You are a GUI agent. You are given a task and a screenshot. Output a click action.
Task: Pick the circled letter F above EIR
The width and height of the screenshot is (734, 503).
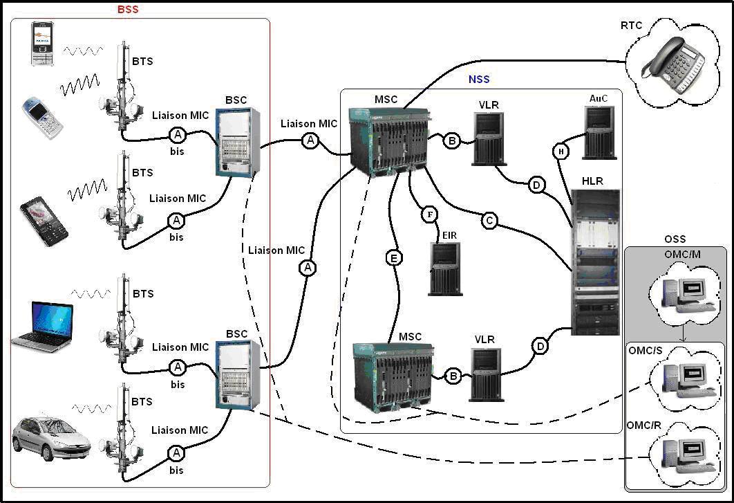(430, 214)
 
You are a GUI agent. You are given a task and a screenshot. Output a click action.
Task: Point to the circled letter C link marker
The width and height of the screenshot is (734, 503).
(489, 221)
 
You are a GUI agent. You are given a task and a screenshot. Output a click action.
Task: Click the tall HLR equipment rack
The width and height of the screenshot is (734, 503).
(595, 262)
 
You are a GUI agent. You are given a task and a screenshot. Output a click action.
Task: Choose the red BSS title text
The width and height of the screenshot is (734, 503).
(128, 10)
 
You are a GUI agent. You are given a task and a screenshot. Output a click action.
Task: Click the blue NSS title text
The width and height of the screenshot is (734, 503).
(479, 79)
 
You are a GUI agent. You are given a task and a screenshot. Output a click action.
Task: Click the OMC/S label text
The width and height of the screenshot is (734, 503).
(646, 351)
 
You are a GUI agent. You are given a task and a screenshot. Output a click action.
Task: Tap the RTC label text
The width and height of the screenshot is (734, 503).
(631, 26)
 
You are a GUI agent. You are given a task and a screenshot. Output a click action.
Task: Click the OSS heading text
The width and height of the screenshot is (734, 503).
(675, 239)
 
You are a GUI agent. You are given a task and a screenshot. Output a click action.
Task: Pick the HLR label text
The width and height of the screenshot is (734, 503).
(592, 181)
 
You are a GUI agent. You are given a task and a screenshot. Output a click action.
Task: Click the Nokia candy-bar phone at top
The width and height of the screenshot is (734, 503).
(42, 44)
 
